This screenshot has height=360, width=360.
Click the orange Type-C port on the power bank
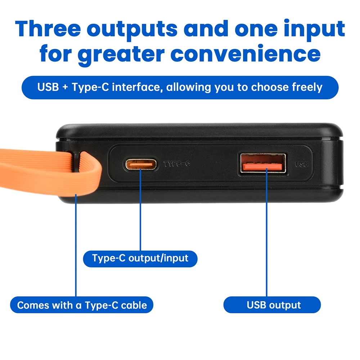click(x=141, y=164)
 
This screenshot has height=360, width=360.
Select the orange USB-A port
click(x=262, y=165)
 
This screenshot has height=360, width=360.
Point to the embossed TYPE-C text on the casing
click(x=177, y=164)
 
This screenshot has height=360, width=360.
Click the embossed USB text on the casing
click(x=302, y=165)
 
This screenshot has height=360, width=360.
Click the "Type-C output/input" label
click(x=140, y=258)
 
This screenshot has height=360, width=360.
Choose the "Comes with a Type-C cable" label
click(x=82, y=305)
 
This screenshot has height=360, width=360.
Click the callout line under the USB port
click(x=266, y=234)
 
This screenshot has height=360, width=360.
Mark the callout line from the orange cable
click(x=76, y=245)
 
